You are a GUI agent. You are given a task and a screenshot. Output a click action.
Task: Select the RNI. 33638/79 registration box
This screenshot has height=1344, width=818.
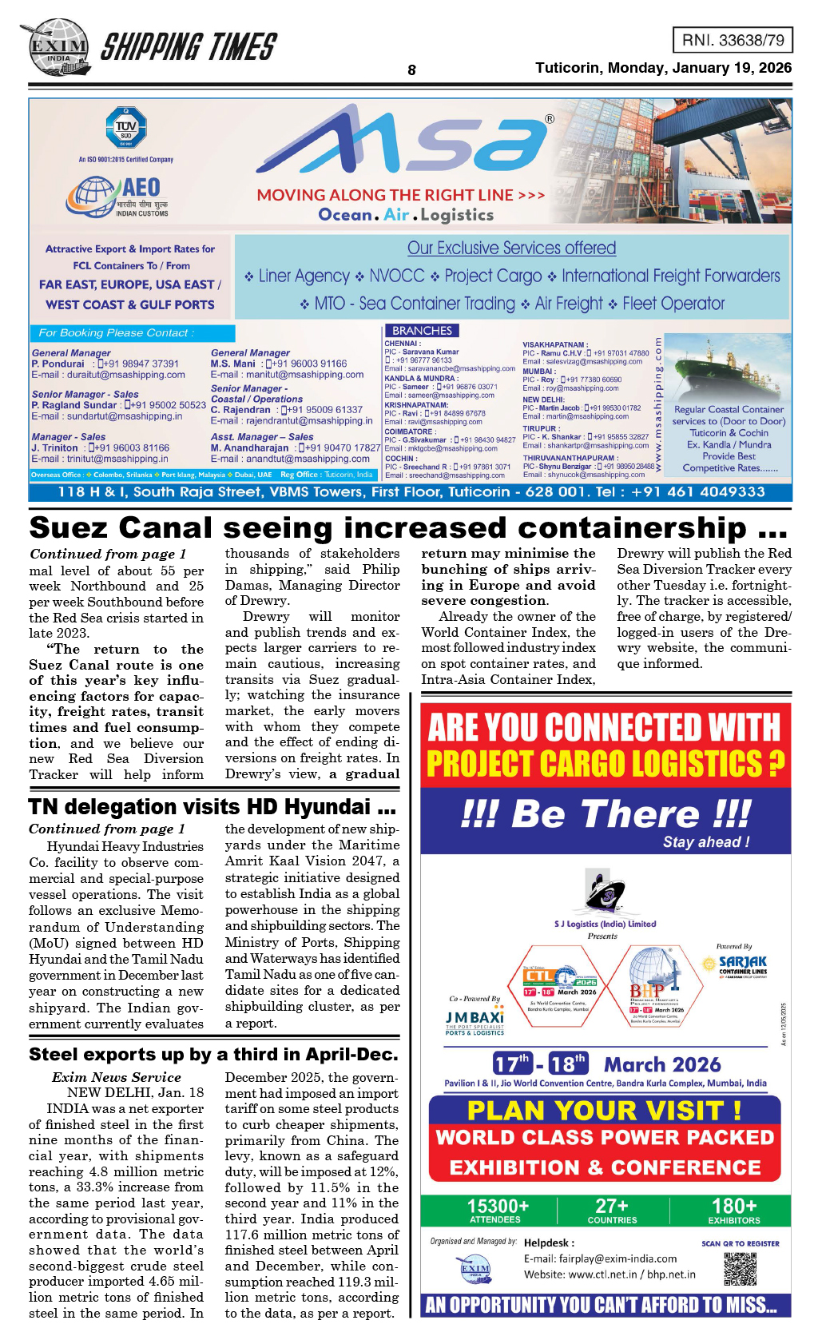[733, 40]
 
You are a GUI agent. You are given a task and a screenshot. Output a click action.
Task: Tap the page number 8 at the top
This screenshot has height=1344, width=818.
[411, 70]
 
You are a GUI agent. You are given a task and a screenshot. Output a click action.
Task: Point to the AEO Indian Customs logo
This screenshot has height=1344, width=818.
[120, 197]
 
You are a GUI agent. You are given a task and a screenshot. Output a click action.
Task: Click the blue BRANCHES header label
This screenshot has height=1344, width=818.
[422, 331]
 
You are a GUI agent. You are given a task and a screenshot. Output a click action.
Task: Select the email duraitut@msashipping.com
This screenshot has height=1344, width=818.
[109, 375]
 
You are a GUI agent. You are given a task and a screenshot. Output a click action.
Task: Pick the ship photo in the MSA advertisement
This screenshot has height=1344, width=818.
[727, 368]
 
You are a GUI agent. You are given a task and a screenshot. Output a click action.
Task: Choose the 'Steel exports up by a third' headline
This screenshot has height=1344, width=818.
[212, 1054]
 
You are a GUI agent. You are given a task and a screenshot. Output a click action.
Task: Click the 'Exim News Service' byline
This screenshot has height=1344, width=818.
[116, 1077]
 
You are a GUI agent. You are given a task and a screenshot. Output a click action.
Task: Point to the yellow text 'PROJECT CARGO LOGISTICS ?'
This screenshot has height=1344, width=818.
[605, 764]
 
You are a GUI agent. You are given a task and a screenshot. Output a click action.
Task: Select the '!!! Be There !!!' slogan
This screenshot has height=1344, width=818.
[605, 814]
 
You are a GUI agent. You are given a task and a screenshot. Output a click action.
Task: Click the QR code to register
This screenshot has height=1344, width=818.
[740, 1268]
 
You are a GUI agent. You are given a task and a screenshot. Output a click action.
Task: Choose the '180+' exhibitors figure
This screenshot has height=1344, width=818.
[733, 1207]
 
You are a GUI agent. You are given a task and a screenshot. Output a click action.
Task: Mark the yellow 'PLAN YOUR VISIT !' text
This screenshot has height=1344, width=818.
[604, 1111]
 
